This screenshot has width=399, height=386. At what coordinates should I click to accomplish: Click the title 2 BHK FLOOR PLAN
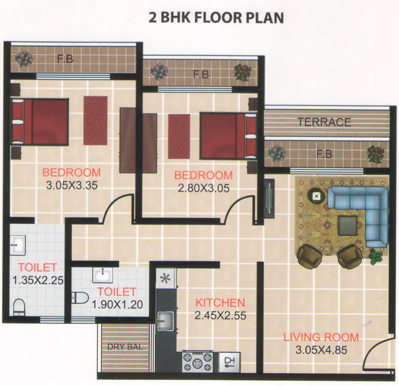point(216,18)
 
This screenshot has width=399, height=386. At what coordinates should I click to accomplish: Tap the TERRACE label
point(324,123)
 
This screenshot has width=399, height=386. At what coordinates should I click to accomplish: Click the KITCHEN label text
point(220,303)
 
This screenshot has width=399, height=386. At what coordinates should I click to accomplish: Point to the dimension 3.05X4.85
point(320,350)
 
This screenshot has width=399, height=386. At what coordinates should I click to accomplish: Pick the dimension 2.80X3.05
point(203,189)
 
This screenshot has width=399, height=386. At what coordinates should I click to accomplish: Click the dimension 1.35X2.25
point(38,280)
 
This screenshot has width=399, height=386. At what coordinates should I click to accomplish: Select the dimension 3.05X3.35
point(72,185)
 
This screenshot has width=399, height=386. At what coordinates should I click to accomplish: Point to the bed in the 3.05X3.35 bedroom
point(40,122)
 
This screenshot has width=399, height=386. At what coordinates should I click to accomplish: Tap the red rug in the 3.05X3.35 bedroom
point(95,121)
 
